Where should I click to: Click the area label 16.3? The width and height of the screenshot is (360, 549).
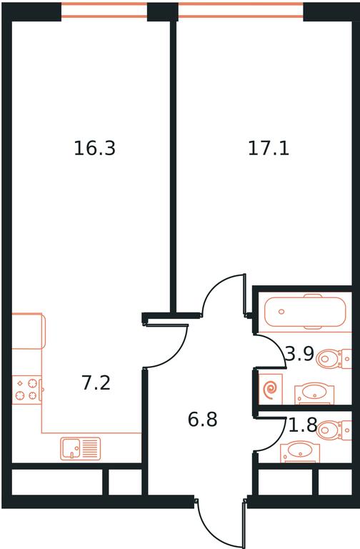pyautogui.click(x=95, y=148)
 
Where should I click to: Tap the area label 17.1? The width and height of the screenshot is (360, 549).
pyautogui.click(x=269, y=148)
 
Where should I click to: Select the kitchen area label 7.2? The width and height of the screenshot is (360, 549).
pyautogui.click(x=96, y=382)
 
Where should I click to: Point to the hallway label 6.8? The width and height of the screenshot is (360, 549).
pyautogui.click(x=203, y=420)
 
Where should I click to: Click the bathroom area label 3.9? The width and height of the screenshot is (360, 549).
pyautogui.click(x=300, y=355)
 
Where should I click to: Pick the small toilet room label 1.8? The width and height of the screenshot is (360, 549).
pyautogui.click(x=303, y=425)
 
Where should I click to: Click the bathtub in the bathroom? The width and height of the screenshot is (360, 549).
pyautogui.click(x=306, y=312)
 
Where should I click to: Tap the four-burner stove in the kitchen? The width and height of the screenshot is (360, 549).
pyautogui.click(x=27, y=390)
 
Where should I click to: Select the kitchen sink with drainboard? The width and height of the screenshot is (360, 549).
pyautogui.click(x=81, y=448)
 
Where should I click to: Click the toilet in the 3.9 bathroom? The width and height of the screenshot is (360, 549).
pyautogui.click(x=334, y=359)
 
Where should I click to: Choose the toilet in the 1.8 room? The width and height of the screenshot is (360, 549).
pyautogui.click(x=334, y=430)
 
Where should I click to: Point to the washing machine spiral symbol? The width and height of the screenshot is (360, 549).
pyautogui.click(x=271, y=390)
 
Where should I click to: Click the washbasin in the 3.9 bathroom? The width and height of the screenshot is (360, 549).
pyautogui.click(x=314, y=393)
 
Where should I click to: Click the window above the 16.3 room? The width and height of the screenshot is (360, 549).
pyautogui.click(x=104, y=10)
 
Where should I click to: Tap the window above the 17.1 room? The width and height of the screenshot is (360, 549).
pyautogui.click(x=241, y=10)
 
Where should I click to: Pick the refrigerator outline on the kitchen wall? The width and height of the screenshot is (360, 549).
pyautogui.click(x=29, y=331)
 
